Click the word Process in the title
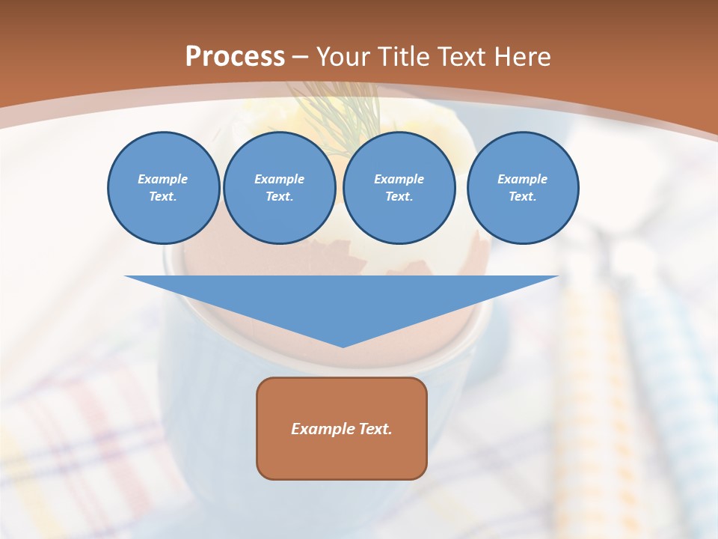pos(235,57)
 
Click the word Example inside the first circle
pos(163,179)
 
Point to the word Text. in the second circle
pos(279,197)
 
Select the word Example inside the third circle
pos(399,179)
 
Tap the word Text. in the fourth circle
pos(522,197)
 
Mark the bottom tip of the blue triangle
pos(342,346)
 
